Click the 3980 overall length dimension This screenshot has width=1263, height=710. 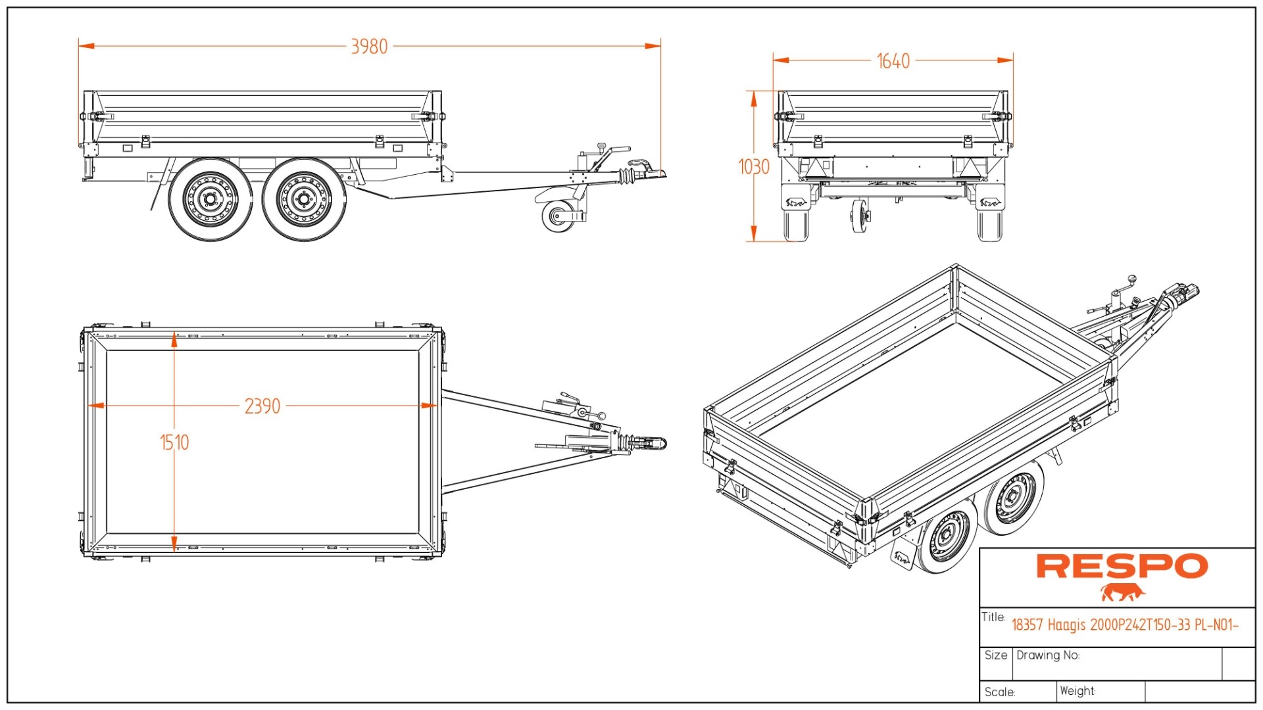point(369,47)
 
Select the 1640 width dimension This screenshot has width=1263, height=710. point(893,61)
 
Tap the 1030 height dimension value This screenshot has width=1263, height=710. point(754,167)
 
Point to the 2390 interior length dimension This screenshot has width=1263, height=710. point(262,406)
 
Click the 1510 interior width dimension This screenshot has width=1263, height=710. point(174,442)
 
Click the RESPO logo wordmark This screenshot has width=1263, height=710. point(1122,566)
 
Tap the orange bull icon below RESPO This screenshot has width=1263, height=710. point(1122,592)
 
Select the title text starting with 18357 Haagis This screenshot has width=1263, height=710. point(1125,625)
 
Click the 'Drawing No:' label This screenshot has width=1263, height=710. point(1048,655)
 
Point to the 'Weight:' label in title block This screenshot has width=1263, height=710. point(1077,691)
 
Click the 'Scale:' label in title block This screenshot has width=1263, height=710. point(1000,692)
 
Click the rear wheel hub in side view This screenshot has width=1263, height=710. point(210,199)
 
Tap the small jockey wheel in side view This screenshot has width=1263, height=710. point(558,216)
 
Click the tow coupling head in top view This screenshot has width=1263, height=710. point(651,443)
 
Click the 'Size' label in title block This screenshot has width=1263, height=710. point(995,655)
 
